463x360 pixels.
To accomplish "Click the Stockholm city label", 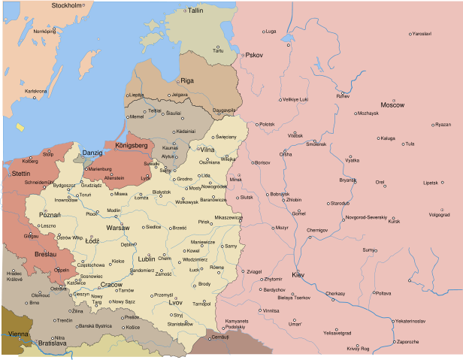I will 65,5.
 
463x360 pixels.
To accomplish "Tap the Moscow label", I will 392,104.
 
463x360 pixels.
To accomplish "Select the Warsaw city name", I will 118,227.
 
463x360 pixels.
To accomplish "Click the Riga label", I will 186,80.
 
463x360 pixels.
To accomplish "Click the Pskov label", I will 250,55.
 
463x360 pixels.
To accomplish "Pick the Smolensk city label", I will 316,144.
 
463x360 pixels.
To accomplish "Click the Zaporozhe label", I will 412,342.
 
